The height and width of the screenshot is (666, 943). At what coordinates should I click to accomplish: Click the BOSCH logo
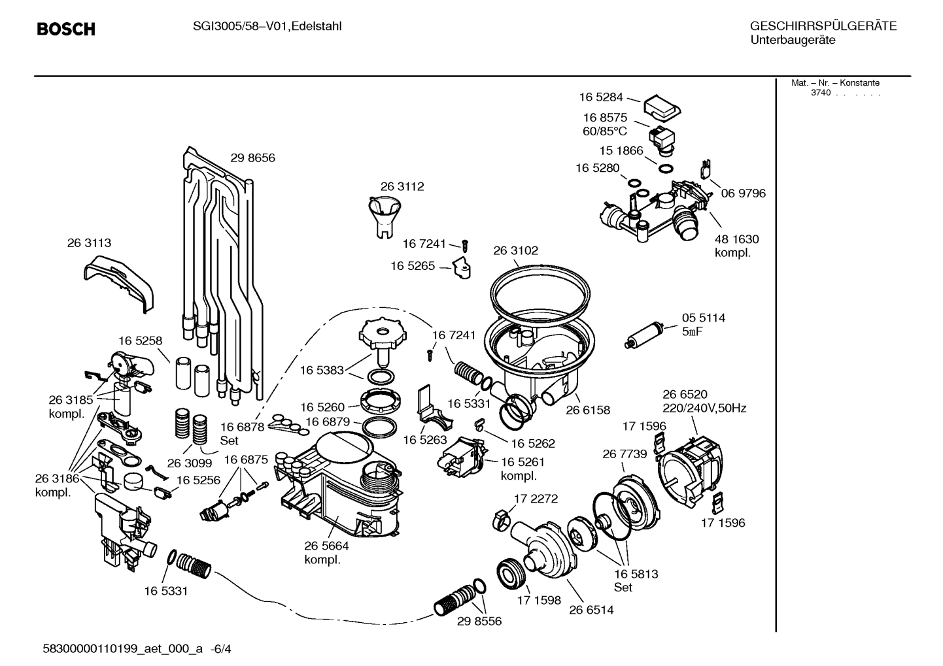coord(66,29)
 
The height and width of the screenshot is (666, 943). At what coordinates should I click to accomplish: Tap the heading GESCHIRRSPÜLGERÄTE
coord(823,26)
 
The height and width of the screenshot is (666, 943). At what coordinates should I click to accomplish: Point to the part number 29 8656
coord(252,158)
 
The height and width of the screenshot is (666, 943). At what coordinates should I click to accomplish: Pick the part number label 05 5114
coord(703,318)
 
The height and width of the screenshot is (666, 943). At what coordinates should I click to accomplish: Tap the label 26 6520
coord(685,394)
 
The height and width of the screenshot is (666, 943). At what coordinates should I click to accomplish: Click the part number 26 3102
coord(515,250)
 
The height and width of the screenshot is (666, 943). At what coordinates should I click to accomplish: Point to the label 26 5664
coord(326,546)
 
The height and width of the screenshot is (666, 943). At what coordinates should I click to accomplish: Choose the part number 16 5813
coord(636,574)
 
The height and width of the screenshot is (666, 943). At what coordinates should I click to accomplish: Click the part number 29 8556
coord(479,621)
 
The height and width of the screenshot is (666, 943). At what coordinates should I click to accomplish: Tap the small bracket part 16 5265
coord(464,267)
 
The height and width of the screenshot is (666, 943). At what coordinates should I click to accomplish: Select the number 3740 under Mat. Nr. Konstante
coord(820,93)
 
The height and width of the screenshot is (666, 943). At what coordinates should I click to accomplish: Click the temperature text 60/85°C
coord(605,131)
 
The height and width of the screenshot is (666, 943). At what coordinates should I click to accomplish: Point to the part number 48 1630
coord(736,239)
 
